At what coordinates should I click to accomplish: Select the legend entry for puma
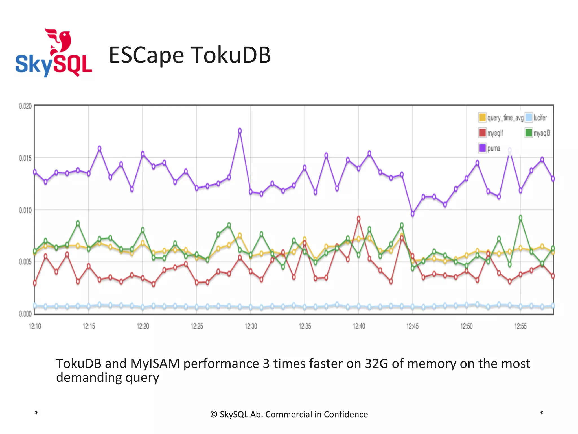tap(490, 148)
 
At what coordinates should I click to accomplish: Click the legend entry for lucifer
tap(536, 118)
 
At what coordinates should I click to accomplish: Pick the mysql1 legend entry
tap(491, 133)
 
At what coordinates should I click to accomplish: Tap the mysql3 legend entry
tap(538, 133)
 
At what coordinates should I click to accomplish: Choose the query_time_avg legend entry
tap(501, 118)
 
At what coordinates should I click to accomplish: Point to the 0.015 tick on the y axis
tap(25, 158)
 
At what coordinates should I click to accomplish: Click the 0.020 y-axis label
tap(25, 106)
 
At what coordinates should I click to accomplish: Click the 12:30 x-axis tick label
tap(251, 326)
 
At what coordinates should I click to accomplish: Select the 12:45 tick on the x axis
tap(412, 326)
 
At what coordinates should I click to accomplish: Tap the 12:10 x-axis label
tap(35, 326)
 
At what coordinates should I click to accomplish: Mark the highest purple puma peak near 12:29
tap(240, 131)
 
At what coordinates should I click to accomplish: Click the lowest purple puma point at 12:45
tap(412, 214)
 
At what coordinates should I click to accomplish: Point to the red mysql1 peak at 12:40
tap(358, 218)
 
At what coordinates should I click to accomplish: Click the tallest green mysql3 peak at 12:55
tap(520, 218)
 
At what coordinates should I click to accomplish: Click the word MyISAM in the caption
tap(155, 364)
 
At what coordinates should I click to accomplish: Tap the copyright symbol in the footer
tap(214, 415)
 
